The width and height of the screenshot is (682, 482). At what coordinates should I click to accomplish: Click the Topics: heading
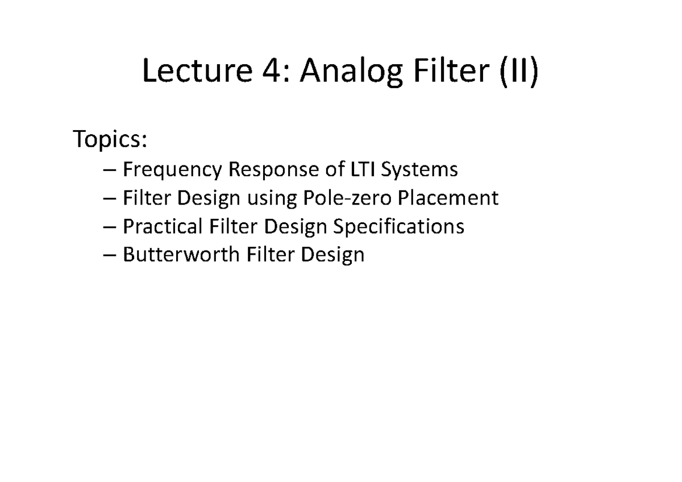[111, 139]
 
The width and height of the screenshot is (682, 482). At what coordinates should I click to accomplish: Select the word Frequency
[172, 169]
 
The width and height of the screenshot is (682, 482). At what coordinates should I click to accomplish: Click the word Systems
[421, 169]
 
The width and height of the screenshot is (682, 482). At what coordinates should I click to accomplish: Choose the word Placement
[448, 198]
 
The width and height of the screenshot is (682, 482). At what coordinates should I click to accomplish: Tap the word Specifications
[398, 226]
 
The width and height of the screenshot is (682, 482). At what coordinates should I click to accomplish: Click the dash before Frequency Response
[111, 170]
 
